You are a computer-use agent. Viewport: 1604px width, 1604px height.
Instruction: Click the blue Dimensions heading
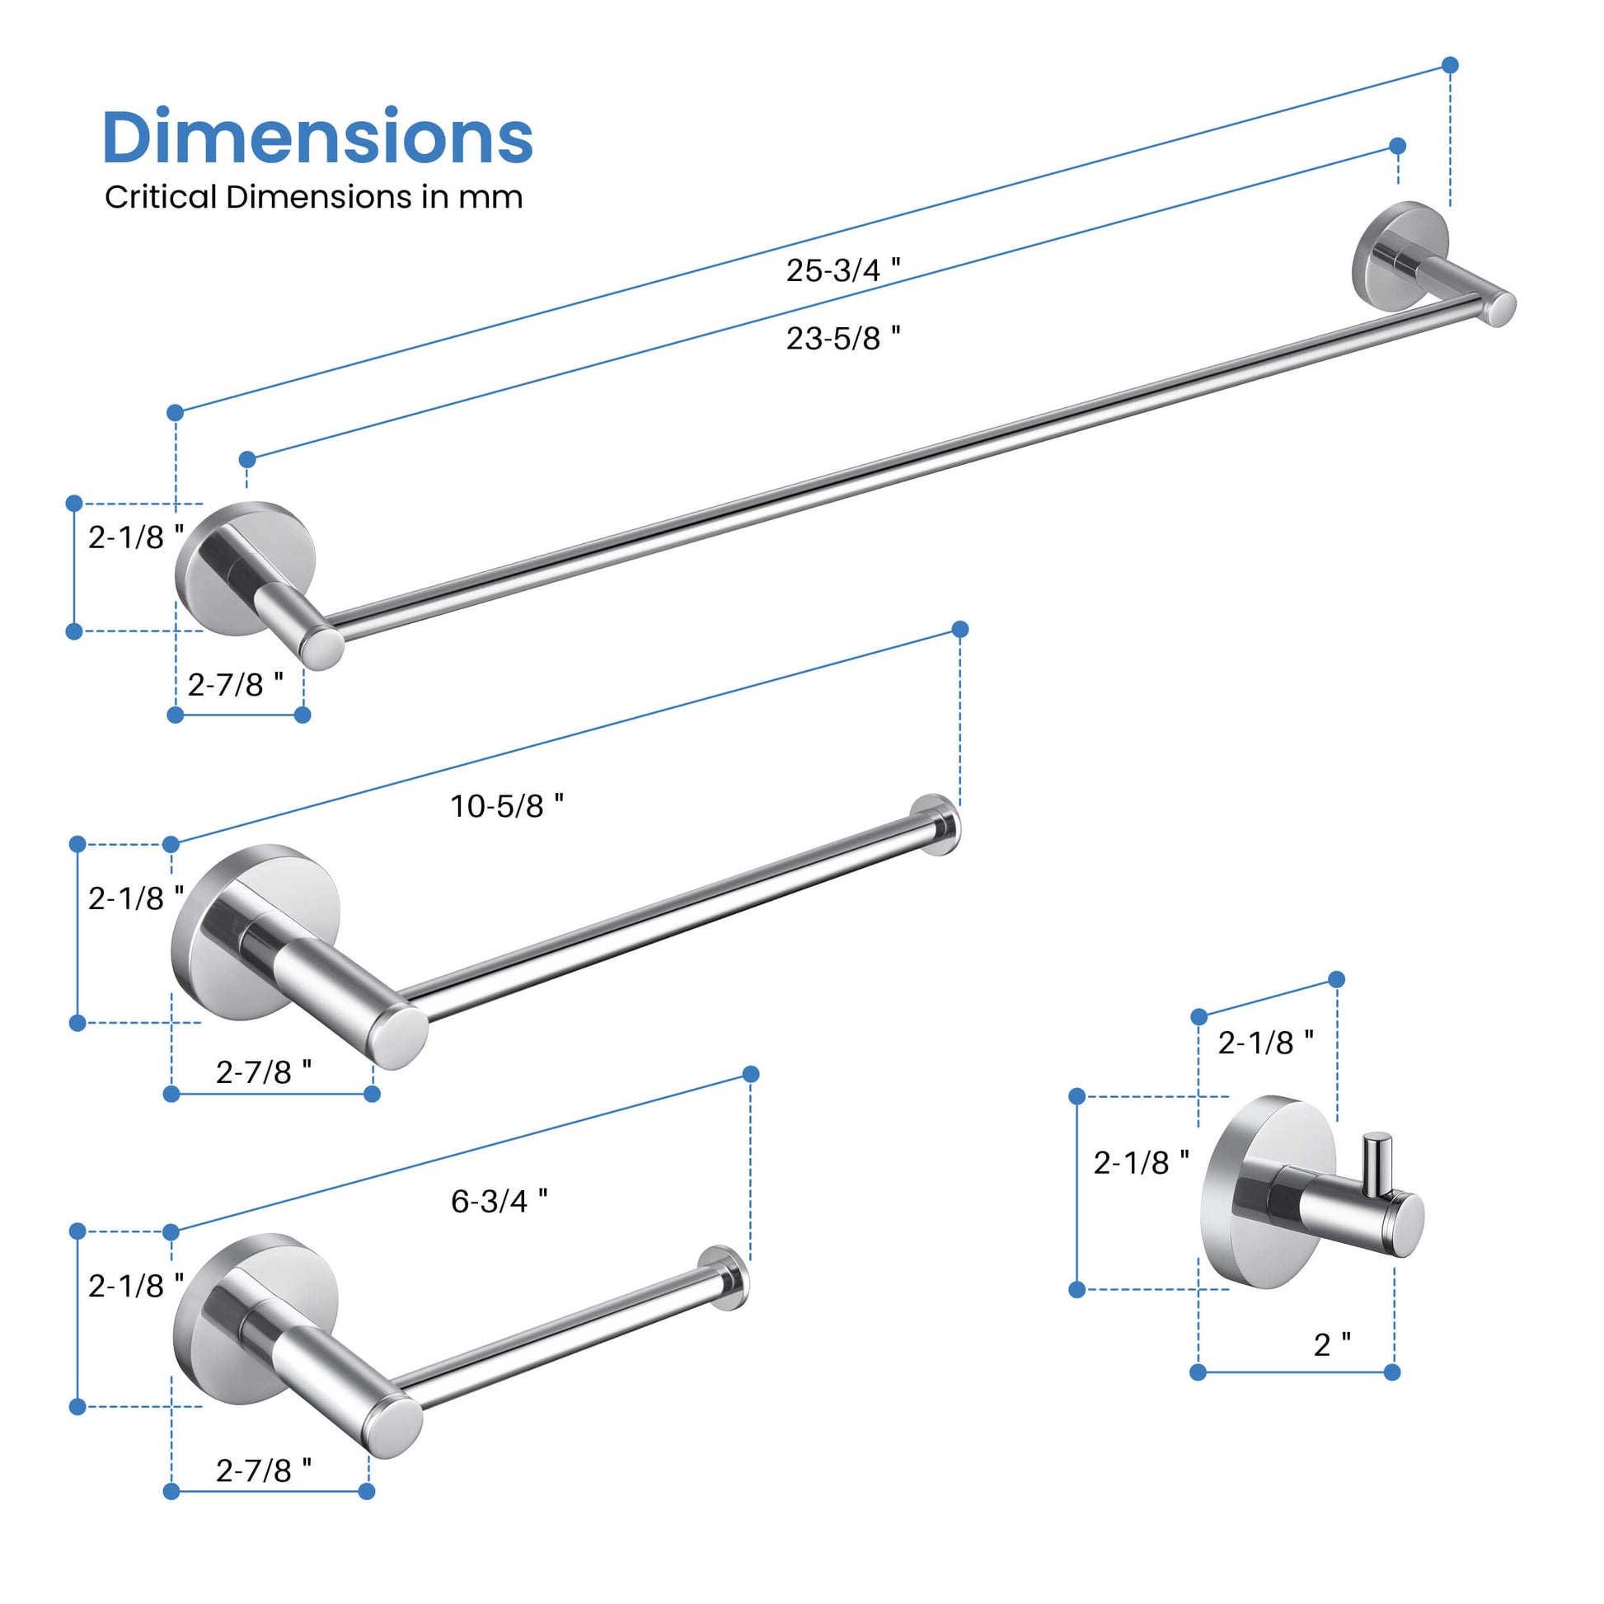tap(317, 137)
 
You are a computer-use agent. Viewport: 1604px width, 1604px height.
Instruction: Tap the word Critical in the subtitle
tap(160, 197)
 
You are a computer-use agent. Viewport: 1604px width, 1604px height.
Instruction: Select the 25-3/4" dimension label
tap(842, 270)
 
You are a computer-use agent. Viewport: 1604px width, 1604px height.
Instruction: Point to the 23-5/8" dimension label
tap(842, 338)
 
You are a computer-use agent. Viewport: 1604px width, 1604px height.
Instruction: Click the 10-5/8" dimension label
tap(506, 805)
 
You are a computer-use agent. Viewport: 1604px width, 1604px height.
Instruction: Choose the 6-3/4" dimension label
tap(499, 1200)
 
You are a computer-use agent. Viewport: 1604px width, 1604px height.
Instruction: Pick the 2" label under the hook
tap(1332, 1344)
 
